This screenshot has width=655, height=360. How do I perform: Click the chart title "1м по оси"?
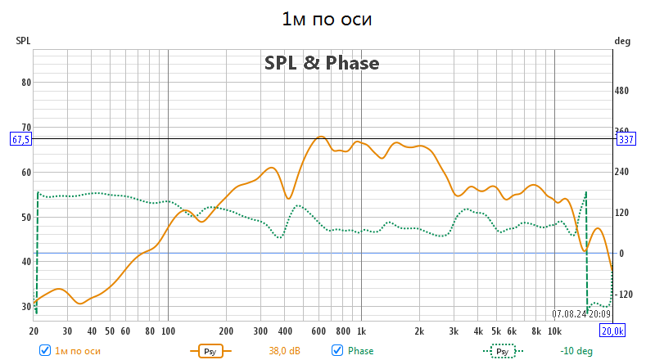click(x=327, y=19)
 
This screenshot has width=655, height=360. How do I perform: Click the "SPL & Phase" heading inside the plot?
click(x=322, y=63)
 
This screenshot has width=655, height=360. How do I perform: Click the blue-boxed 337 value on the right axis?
click(x=626, y=139)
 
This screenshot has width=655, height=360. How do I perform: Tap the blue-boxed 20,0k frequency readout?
click(x=612, y=331)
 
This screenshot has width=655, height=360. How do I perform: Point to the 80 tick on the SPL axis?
click(x=25, y=82)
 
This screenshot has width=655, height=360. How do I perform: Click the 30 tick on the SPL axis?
click(x=25, y=307)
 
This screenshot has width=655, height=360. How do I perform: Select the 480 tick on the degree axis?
click(x=625, y=91)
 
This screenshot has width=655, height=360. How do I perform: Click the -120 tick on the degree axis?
click(x=625, y=295)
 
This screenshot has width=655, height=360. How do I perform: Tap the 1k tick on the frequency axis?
click(x=361, y=331)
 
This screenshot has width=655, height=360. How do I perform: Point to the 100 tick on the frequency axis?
click(x=167, y=331)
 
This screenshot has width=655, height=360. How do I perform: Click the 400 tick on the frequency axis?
click(x=285, y=331)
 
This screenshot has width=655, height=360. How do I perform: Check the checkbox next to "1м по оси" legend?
click(x=45, y=350)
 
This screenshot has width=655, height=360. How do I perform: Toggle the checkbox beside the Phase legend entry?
click(x=337, y=350)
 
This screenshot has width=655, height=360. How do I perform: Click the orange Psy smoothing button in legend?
click(x=211, y=350)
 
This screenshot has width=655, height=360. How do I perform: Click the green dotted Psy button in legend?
click(x=504, y=350)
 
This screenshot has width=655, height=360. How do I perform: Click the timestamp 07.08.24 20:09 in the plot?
click(x=580, y=313)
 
